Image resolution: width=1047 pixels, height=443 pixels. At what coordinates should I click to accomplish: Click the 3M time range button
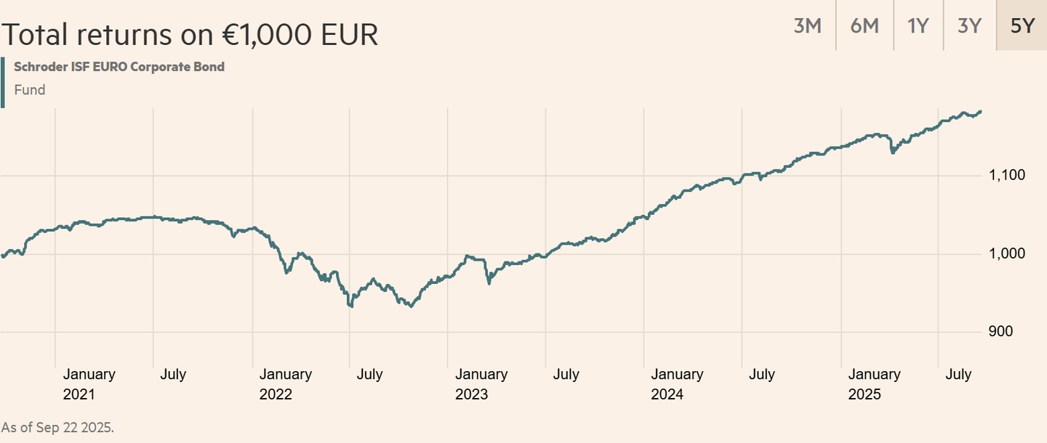[x=807, y=25]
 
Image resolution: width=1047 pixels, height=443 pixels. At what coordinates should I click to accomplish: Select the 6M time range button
[x=864, y=25]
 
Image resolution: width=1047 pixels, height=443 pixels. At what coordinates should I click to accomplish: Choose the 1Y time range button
[x=918, y=25]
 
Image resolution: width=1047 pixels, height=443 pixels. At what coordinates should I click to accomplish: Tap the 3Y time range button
[x=970, y=25]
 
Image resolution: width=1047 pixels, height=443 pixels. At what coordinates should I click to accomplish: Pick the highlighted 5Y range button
[x=1022, y=25]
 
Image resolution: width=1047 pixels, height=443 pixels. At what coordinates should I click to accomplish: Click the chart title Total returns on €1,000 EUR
[x=190, y=34]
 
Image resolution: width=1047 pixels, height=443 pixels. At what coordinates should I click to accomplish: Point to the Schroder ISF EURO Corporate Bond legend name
[x=119, y=67]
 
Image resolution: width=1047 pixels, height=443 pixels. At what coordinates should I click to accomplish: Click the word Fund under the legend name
[x=30, y=90]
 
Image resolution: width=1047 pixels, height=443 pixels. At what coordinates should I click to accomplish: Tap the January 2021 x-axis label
[x=89, y=384]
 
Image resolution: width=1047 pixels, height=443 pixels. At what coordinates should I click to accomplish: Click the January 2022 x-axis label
[x=285, y=384]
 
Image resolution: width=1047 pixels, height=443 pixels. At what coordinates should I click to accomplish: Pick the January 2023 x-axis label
[x=481, y=384]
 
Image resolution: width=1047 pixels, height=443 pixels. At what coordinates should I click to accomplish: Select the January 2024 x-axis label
[x=677, y=384]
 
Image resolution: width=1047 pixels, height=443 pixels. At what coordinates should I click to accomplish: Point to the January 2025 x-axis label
[x=874, y=384]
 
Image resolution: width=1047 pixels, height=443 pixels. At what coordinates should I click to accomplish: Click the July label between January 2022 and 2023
[x=369, y=375]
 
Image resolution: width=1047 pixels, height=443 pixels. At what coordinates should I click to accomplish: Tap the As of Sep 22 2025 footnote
[x=58, y=427]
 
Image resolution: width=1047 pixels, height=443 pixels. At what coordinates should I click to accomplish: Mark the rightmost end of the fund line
[x=981, y=111]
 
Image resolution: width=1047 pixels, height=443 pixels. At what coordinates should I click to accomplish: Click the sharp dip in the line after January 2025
[x=893, y=152]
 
